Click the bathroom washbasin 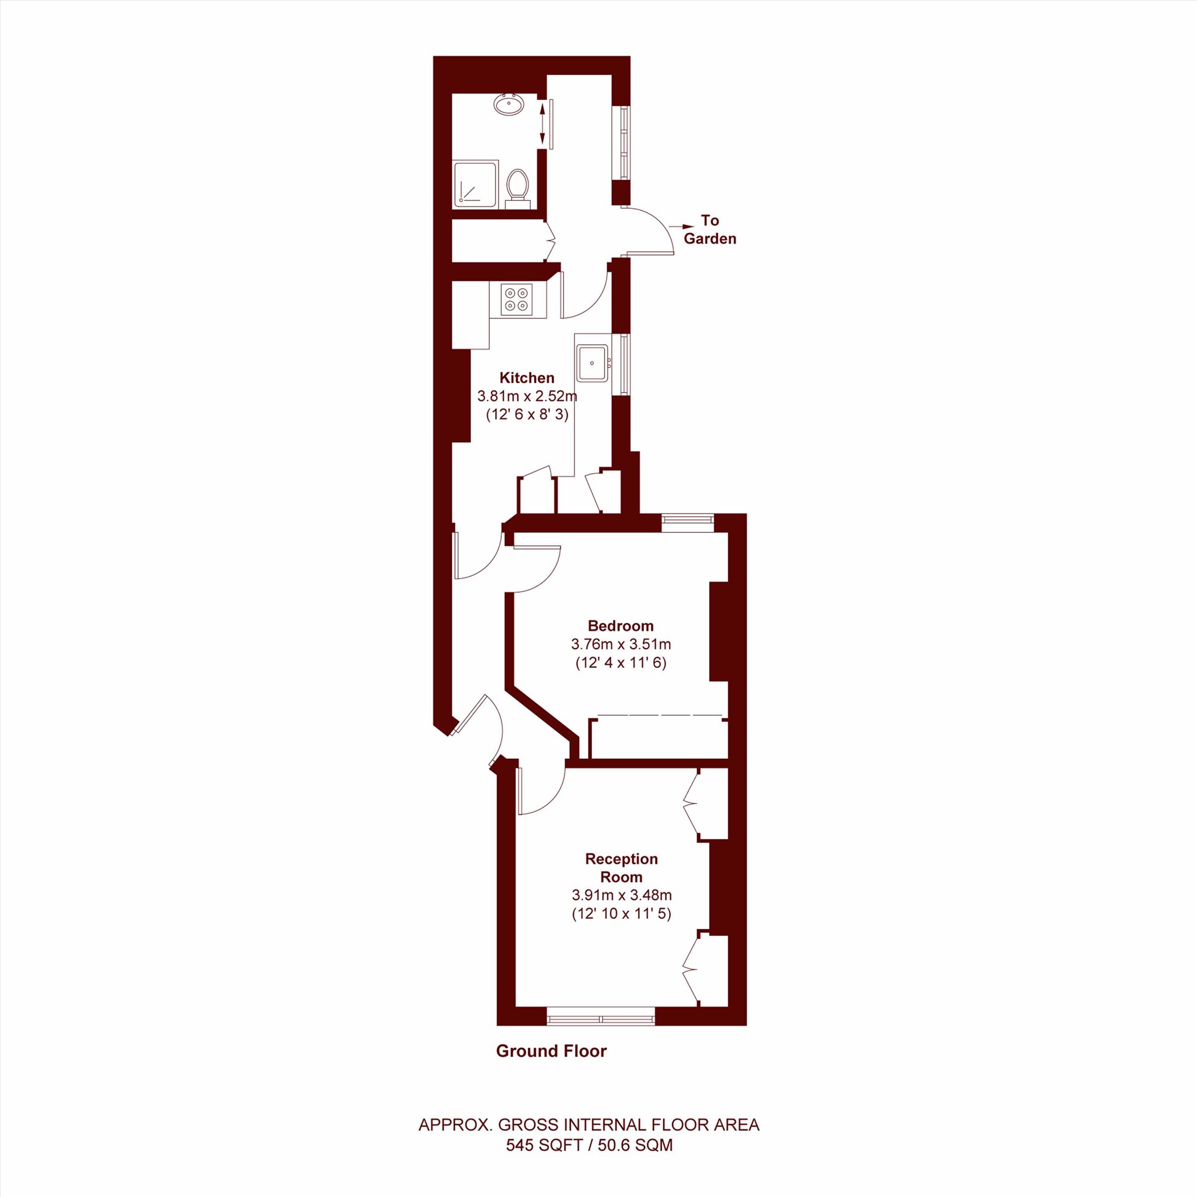pos(509,104)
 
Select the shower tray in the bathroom pos(476,184)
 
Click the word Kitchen pos(527,377)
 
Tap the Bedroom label pos(621,626)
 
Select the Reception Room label pos(621,868)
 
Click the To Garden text pos(710,229)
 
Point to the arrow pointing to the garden pos(681,227)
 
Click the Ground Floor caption pos(551,1051)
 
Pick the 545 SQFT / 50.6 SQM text pos(589,1145)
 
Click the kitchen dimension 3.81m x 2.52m pos(527,396)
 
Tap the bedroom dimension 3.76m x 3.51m pos(621,645)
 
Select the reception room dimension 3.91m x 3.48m pos(622,895)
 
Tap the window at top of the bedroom pos(688,522)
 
